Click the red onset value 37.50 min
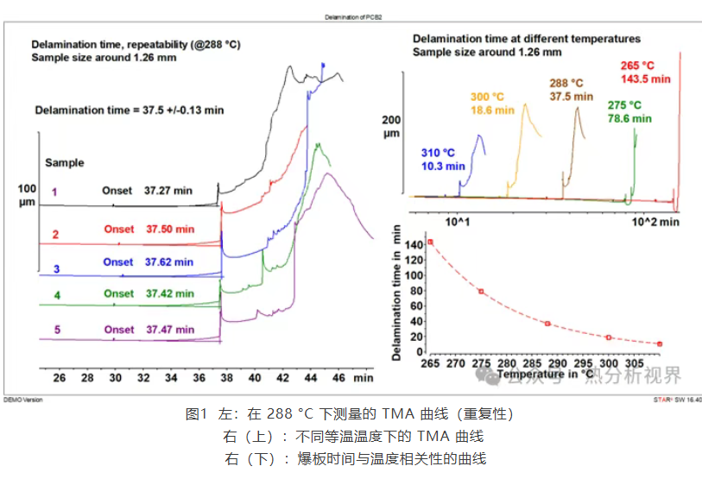tap(170, 229)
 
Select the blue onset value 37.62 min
tap(170, 262)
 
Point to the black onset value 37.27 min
tap(168, 191)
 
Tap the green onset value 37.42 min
tap(170, 293)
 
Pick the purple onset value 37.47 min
tap(170, 329)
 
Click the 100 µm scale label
tap(27, 194)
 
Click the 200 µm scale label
tap(392, 126)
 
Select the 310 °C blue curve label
tap(443, 160)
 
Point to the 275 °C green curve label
tap(629, 111)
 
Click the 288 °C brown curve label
tap(570, 91)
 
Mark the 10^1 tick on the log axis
tap(457, 222)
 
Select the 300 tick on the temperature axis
tap(610, 363)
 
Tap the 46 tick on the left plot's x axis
tap(338, 377)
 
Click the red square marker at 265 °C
tap(430, 242)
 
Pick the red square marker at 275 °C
tap(481, 291)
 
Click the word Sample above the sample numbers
tap(64, 162)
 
